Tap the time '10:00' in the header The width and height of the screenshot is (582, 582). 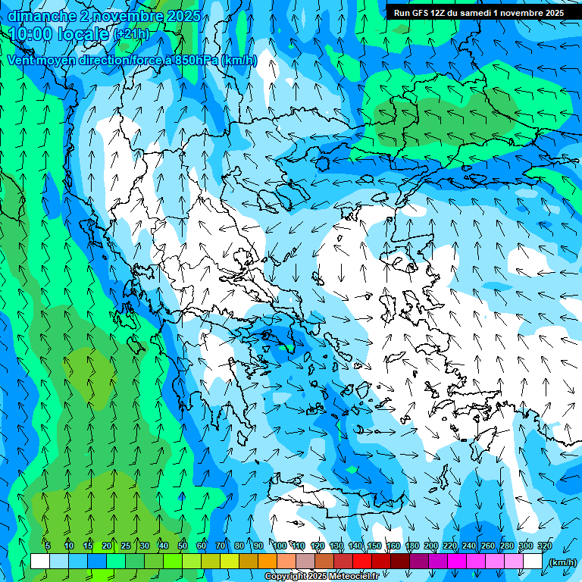[x=30, y=35]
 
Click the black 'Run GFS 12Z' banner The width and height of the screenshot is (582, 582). [x=478, y=13]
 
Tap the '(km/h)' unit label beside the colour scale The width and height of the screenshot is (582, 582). [x=562, y=562]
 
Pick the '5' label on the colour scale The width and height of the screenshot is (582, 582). [x=48, y=546]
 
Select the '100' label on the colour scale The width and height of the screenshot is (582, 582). [x=280, y=546]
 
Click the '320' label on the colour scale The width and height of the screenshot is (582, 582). [x=545, y=546]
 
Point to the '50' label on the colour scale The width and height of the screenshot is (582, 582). [x=183, y=546]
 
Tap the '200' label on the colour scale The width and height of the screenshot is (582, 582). [x=431, y=546]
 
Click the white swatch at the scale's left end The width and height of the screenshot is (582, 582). [x=40, y=562]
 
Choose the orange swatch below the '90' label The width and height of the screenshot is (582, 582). [x=268, y=562]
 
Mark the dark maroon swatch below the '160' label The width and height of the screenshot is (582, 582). [x=400, y=562]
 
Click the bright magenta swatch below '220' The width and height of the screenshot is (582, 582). [x=457, y=562]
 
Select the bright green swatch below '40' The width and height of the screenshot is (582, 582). [x=173, y=562]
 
